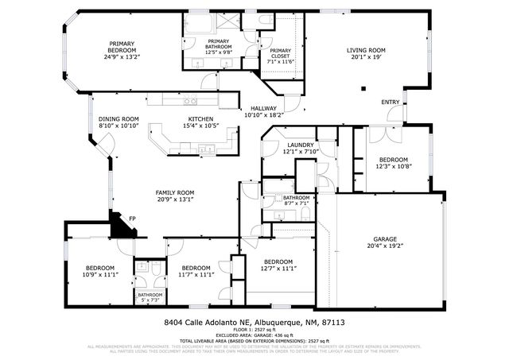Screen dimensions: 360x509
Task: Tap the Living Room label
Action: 366,51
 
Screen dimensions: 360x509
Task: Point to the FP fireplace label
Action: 122,216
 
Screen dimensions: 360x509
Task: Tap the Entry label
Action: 390,102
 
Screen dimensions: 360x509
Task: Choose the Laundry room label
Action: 301,145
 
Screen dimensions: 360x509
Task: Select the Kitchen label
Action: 200,118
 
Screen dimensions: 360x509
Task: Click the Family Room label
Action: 175,192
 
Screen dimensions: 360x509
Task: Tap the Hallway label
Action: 263,108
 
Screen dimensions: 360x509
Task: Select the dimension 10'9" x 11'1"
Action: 100,274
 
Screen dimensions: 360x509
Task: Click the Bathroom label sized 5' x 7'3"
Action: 150,295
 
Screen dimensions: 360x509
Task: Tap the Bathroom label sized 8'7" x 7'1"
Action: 296,197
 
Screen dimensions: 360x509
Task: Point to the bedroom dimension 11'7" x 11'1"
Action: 194,274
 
